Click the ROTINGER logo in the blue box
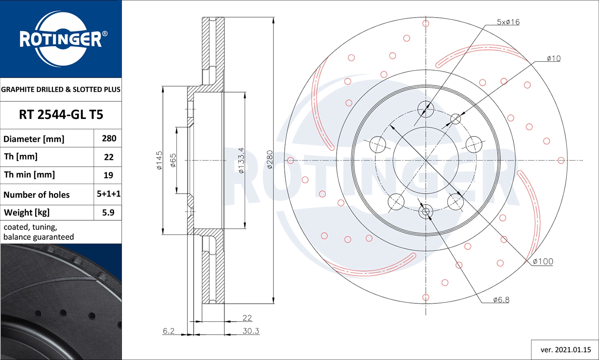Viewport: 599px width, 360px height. pos(61,39)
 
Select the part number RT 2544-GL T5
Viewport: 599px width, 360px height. pos(61,115)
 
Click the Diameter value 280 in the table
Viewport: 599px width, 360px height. pos(109,138)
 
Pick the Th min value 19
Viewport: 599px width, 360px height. pos(108,175)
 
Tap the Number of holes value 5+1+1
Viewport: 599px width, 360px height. pos(109,194)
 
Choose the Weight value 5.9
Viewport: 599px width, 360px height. pos(108,212)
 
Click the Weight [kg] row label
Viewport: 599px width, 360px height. pos(27,212)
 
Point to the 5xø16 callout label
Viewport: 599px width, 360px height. pos(508,22)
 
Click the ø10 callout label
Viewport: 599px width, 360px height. pos(553,58)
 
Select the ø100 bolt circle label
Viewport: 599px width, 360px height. pos(543,261)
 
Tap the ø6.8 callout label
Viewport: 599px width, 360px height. pos(501,299)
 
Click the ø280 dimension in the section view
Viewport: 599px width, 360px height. pos(270,160)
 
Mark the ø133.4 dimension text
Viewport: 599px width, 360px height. pos(241,160)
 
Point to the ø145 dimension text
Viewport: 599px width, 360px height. pos(159,160)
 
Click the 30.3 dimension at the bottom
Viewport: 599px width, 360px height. pos(251,331)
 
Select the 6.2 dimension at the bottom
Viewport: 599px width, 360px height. pos(169,331)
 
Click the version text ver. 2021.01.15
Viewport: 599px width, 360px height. pos(565,350)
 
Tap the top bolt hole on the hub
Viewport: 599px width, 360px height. pos(426,109)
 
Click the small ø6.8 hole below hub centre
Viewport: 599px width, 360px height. pos(426,212)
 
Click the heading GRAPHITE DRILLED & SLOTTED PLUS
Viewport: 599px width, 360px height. pos(61,89)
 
